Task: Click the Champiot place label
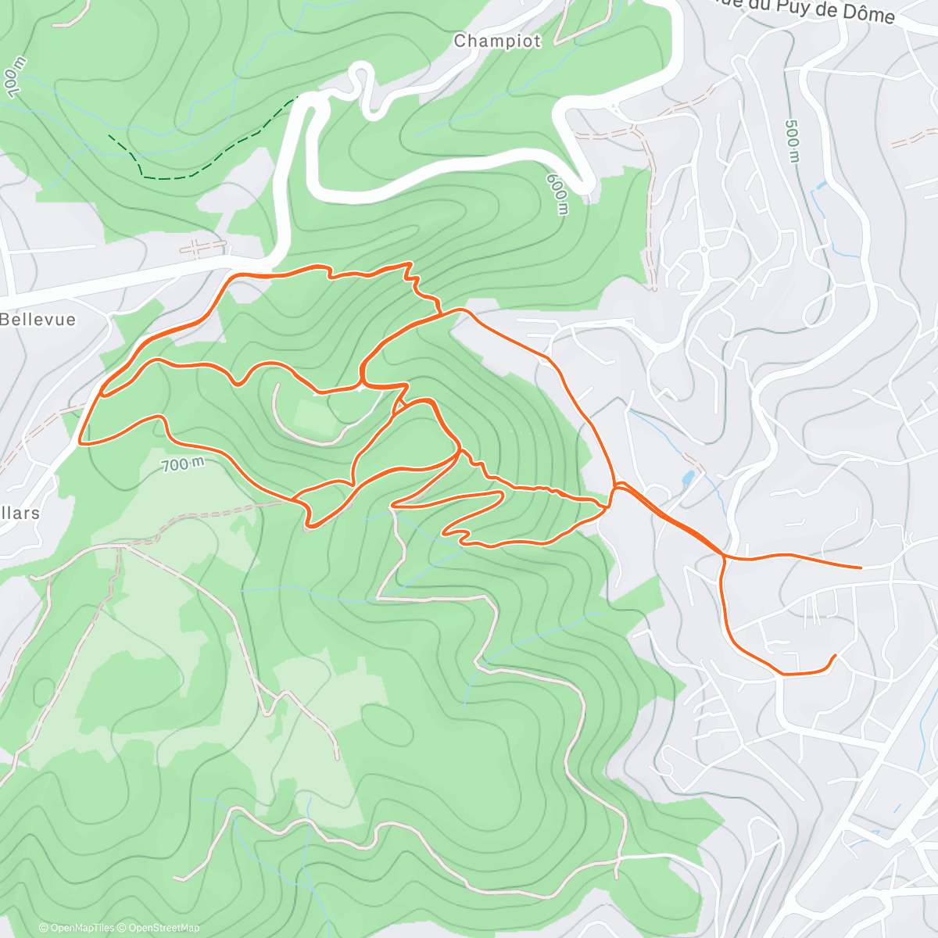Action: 497,41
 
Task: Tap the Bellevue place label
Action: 38,320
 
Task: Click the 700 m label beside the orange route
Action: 182,464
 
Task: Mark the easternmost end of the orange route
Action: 861,567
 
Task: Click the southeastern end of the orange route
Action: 836,655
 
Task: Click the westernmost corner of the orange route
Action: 81,442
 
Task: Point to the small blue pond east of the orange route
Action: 687,478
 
